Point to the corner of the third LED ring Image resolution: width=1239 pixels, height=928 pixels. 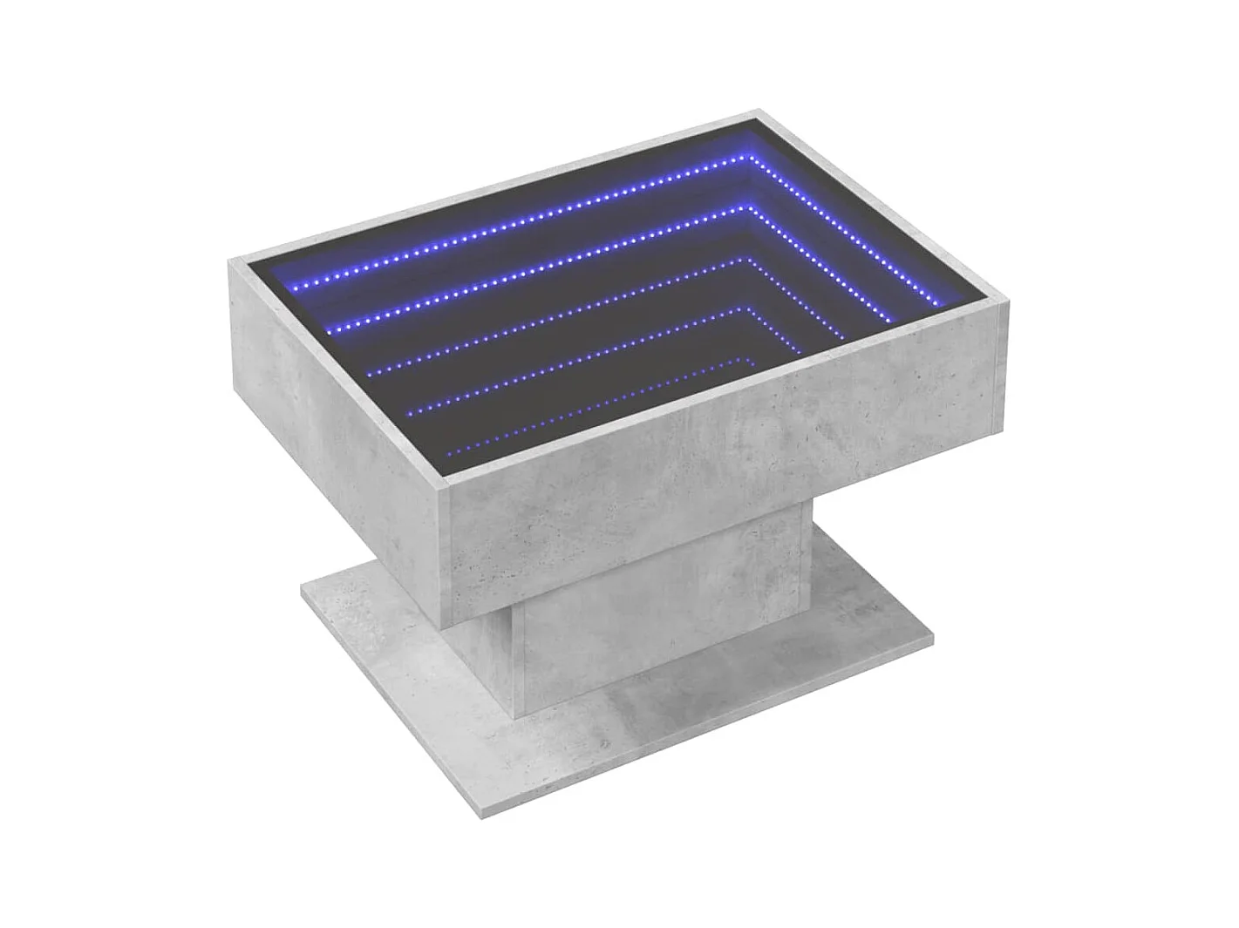tap(749, 258)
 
